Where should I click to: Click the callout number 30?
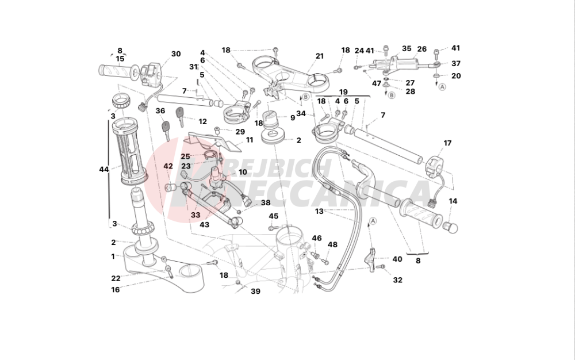pyautogui.click(x=176, y=54)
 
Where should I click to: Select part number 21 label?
pyautogui.click(x=320, y=56)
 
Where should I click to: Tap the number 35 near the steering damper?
pyautogui.click(x=407, y=48)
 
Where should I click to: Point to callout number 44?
pyautogui.click(x=104, y=170)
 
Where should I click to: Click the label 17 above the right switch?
pyautogui.click(x=447, y=143)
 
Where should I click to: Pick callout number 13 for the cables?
pyautogui.click(x=319, y=212)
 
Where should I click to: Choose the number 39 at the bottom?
pyautogui.click(x=256, y=292)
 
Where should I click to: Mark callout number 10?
pyautogui.click(x=243, y=173)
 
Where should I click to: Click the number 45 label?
pyautogui.click(x=274, y=216)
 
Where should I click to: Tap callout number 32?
pyautogui.click(x=397, y=280)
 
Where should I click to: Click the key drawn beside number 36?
pyautogui.click(x=166, y=129)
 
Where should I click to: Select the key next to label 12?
pyautogui.click(x=180, y=116)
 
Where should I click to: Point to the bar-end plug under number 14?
pyautogui.click(x=451, y=227)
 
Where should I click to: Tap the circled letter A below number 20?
pyautogui.click(x=443, y=87)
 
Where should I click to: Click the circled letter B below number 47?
pyautogui.click(x=392, y=95)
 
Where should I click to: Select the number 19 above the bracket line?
pyautogui.click(x=343, y=92)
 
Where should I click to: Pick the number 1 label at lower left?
pyautogui.click(x=113, y=256)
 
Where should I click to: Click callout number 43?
pyautogui.click(x=204, y=224)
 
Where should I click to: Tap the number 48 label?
pyautogui.click(x=332, y=244)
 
